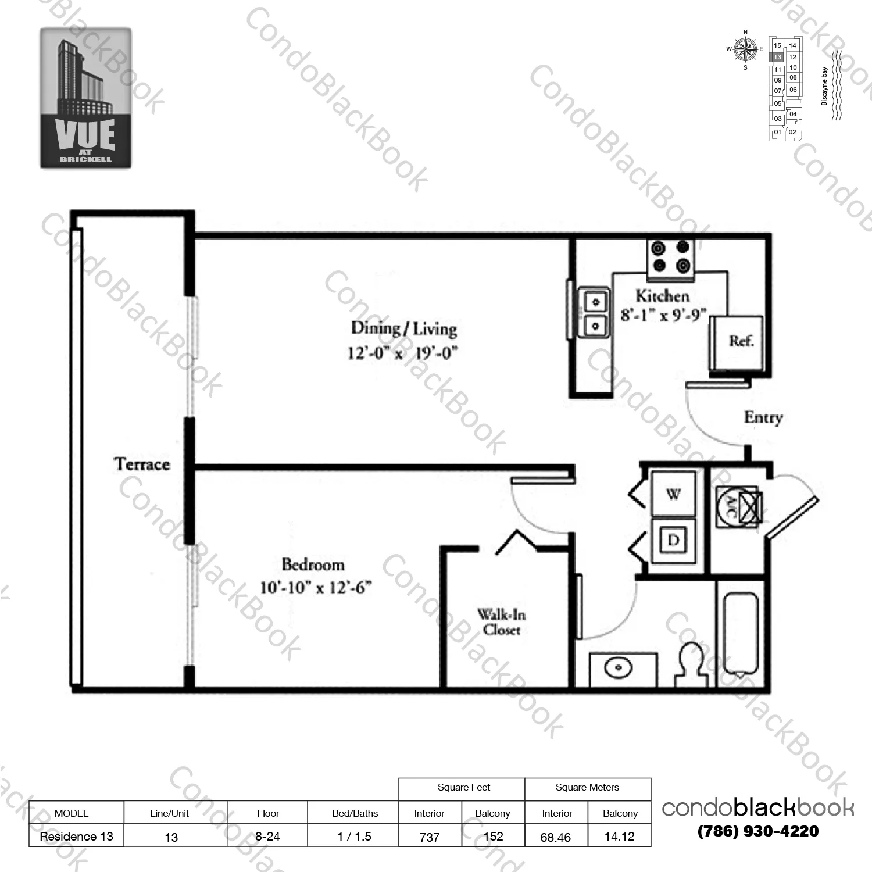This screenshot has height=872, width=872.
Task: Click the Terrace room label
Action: pyautogui.click(x=142, y=464)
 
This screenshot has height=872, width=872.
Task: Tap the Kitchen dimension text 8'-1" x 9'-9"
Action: pyautogui.click(x=663, y=316)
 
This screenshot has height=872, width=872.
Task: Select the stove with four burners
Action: pyautogui.click(x=670, y=257)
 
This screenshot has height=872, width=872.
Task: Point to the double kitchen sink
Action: pyautogui.click(x=594, y=313)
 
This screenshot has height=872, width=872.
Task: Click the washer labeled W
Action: pyautogui.click(x=673, y=494)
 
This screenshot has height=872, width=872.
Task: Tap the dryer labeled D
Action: pyautogui.click(x=673, y=541)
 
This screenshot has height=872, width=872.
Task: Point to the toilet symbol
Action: pyautogui.click(x=692, y=666)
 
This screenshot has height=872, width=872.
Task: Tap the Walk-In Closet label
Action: pyautogui.click(x=501, y=622)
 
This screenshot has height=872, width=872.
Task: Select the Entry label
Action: pyautogui.click(x=763, y=417)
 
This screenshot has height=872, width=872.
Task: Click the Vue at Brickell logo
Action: pyautogui.click(x=85, y=98)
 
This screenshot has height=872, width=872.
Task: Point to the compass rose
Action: pyautogui.click(x=745, y=50)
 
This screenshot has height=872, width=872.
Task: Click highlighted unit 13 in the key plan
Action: pyautogui.click(x=777, y=57)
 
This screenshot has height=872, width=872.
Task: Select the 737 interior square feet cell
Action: pyautogui.click(x=430, y=837)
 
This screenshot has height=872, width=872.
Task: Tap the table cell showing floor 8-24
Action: pyautogui.click(x=267, y=837)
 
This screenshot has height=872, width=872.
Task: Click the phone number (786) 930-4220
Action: pyautogui.click(x=758, y=831)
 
